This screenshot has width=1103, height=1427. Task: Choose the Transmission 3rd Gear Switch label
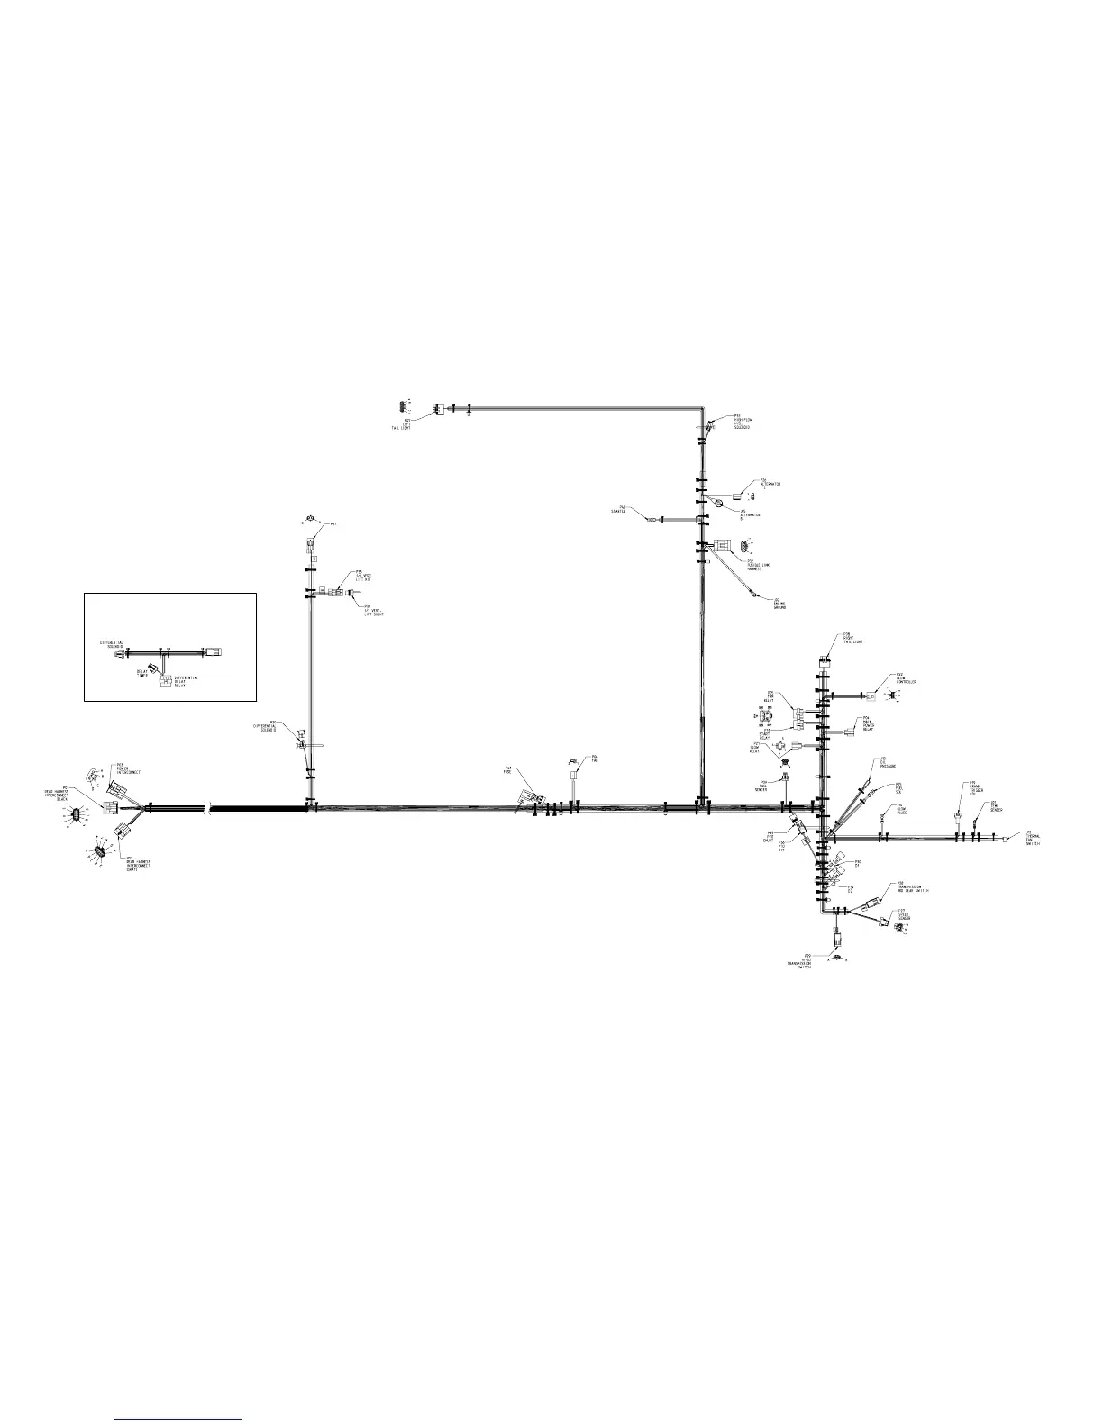912,887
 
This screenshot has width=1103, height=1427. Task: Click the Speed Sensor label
904,915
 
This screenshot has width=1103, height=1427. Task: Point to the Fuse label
507,771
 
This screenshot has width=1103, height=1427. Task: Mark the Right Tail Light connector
823,663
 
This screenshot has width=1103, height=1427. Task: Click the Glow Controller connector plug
871,695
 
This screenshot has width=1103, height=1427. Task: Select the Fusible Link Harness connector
723,545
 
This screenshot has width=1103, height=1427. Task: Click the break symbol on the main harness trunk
209,808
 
